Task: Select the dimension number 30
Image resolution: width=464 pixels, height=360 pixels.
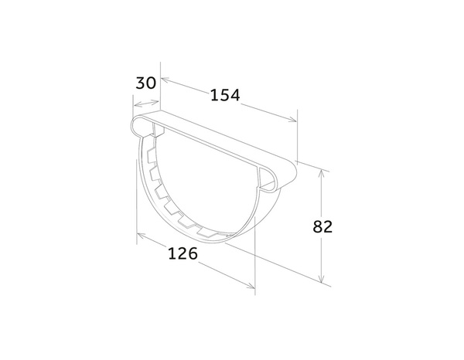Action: [x=146, y=82]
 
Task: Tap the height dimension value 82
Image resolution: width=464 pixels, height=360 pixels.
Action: [x=322, y=226]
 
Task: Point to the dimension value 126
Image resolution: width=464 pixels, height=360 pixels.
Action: [x=183, y=253]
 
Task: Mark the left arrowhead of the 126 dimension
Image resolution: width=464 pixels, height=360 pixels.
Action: [x=140, y=234]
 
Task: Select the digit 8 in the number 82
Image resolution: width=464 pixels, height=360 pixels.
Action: [x=317, y=226]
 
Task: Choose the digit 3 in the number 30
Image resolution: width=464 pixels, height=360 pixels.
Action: [x=141, y=82]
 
